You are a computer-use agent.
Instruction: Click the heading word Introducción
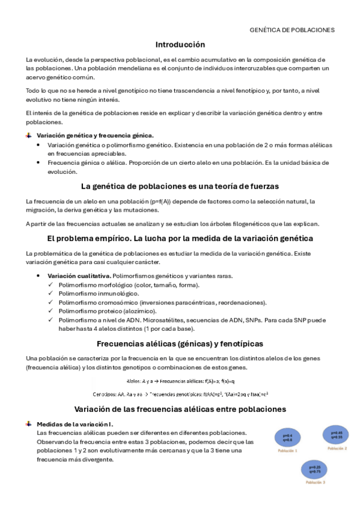180,45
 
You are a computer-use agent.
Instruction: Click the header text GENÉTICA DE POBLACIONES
291,29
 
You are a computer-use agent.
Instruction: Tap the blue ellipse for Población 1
287,438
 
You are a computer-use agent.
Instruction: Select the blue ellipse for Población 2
337,435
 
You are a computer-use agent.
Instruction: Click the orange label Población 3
315,482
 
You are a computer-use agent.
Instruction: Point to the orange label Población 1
287,450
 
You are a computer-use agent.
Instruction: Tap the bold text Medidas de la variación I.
75,424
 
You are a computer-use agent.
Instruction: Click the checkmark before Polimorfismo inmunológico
50,293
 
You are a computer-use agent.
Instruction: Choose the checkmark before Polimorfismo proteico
50,312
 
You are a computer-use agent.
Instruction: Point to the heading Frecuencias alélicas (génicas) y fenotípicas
180,344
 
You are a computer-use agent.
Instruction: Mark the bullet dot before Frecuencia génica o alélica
39,163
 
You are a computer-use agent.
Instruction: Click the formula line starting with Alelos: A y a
180,381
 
